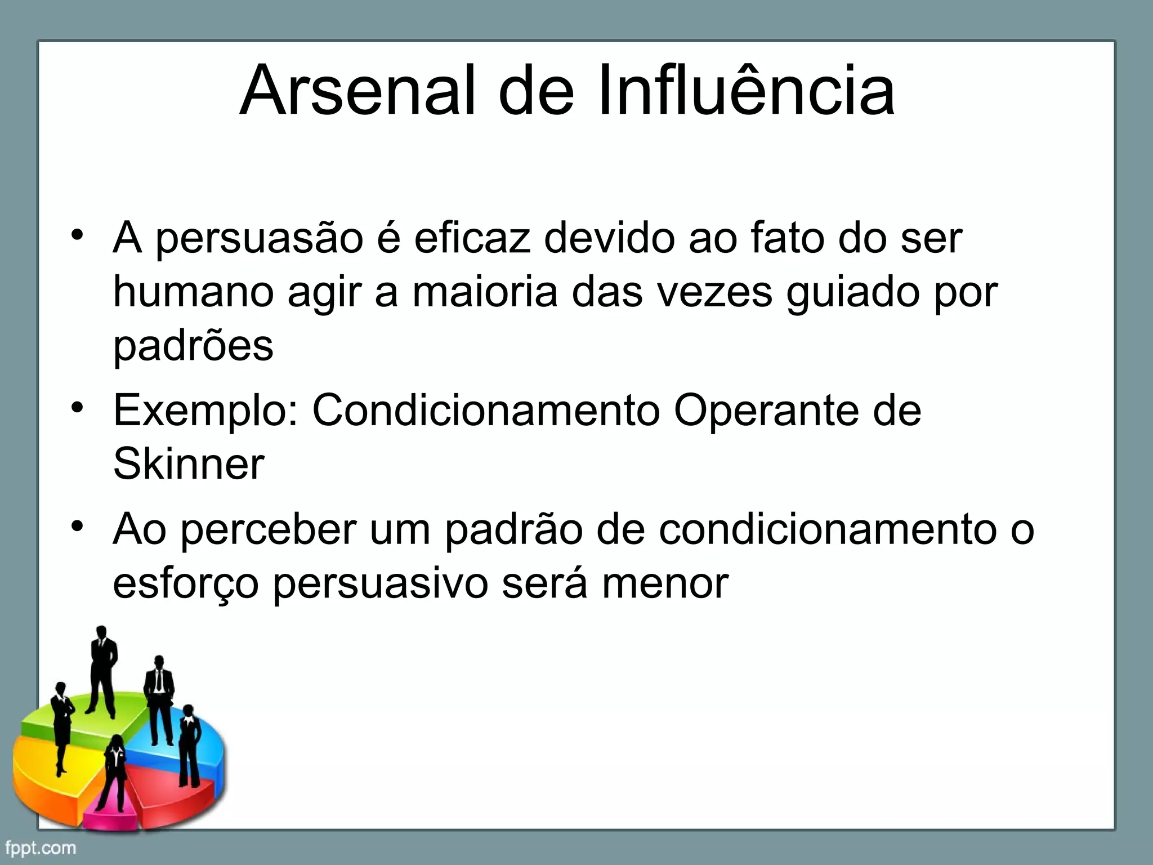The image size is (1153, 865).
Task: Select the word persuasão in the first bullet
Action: [259, 239]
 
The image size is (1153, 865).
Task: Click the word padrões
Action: [193, 345]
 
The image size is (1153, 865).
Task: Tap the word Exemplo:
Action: [206, 410]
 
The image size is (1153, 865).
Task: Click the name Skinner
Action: [189, 463]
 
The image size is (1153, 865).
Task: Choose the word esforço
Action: [186, 583]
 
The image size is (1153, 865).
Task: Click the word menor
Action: [665, 583]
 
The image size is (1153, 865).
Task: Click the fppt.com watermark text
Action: [41, 848]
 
